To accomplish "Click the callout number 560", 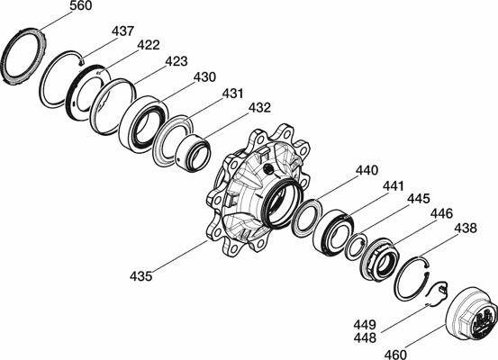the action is (x=81, y=5).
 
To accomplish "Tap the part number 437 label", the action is (x=122, y=31).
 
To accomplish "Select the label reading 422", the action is (x=149, y=45).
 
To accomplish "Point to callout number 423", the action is (x=177, y=61).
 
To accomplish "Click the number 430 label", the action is (x=204, y=77).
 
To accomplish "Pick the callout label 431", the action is (x=233, y=94).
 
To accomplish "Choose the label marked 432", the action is (x=259, y=108).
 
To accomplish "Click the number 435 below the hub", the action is (x=141, y=276).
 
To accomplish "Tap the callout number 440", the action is (x=367, y=170).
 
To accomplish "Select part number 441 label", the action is (x=394, y=186).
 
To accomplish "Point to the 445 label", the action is (x=419, y=199).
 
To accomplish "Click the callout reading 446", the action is (x=442, y=213).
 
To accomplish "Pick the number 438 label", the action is (x=466, y=229).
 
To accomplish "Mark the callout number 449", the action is (x=365, y=325).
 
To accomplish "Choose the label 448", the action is (x=365, y=338).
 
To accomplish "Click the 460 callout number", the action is (x=395, y=355).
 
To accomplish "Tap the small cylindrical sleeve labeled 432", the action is (x=193, y=153).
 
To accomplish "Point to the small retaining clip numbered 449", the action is (x=438, y=293).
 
